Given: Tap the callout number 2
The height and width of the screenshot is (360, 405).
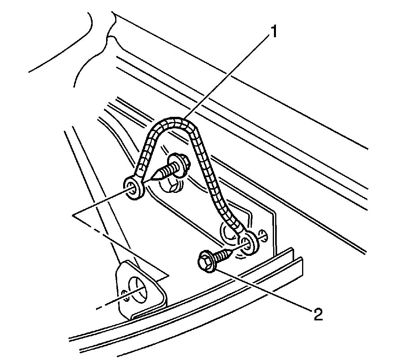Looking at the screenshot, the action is pos(318,314).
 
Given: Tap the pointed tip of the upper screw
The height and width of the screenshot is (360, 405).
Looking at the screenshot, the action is pos(154,177).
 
